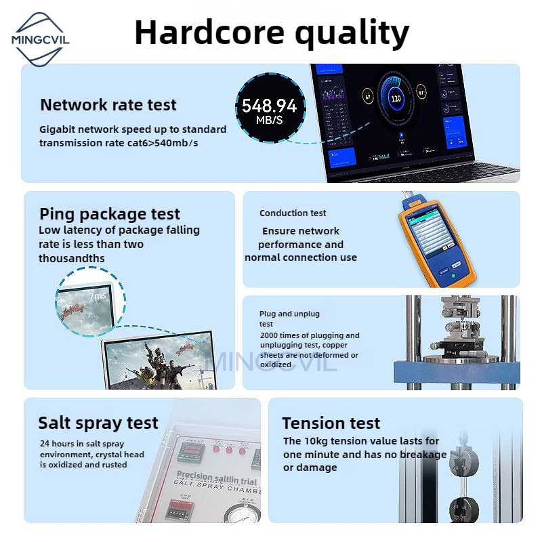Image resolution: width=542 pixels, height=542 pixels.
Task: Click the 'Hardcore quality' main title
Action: pyautogui.click(x=272, y=32)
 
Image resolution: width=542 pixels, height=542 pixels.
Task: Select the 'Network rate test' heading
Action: pyautogui.click(x=108, y=105)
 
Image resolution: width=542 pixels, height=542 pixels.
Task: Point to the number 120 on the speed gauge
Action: pyautogui.click(x=396, y=98)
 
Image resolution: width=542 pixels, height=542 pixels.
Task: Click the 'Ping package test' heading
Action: pyautogui.click(x=110, y=214)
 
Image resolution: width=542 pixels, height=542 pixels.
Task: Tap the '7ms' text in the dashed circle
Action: pyautogui.click(x=98, y=296)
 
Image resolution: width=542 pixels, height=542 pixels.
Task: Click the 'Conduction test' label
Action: pyautogui.click(x=293, y=213)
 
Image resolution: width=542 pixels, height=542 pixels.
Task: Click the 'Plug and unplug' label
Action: pyautogui.click(x=289, y=314)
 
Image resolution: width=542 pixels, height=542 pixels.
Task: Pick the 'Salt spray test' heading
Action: pyautogui.click(x=98, y=423)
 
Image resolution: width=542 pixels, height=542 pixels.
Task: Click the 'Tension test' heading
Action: pyautogui.click(x=331, y=423)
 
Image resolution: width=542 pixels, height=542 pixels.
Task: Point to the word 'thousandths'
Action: pyautogui.click(x=72, y=258)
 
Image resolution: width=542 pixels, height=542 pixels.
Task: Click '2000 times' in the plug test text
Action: pyautogui.click(x=278, y=335)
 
